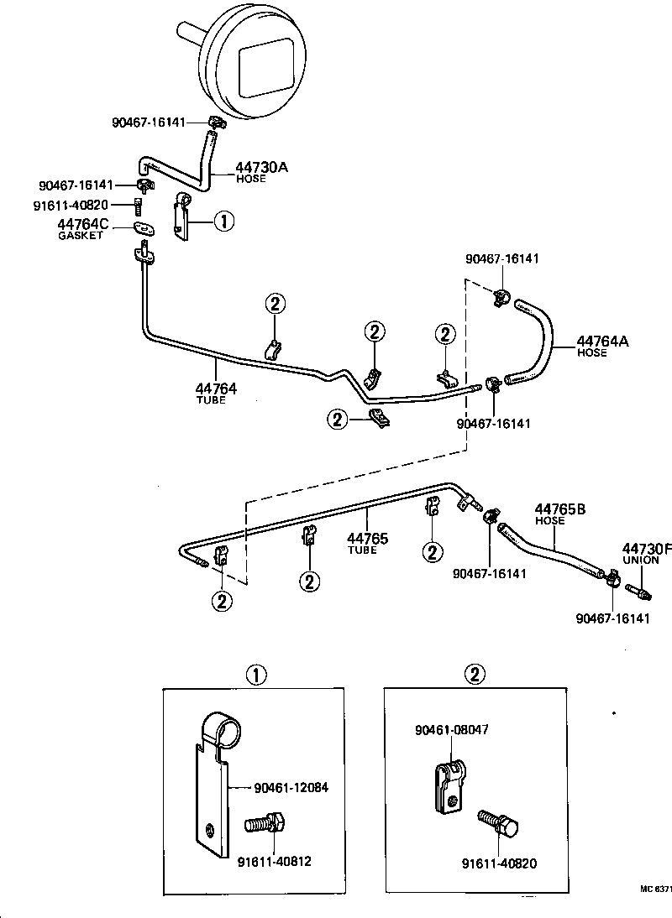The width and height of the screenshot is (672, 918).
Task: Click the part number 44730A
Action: point(262,167)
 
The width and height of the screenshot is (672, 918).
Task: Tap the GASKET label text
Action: point(81,236)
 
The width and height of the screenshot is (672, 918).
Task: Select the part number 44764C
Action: point(83,224)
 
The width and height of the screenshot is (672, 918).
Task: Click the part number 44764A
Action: point(602,341)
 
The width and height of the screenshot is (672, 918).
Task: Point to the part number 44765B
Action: point(560,509)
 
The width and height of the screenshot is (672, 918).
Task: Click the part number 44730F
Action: point(648,548)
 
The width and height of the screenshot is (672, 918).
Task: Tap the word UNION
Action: point(641,560)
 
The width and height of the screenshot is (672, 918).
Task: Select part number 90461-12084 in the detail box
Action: point(290,788)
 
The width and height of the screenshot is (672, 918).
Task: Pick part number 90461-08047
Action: point(451,730)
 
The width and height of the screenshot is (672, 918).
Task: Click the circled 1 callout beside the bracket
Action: point(223,221)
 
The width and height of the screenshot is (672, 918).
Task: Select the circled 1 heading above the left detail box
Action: point(256,674)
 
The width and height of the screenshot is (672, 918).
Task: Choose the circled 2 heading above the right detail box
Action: point(476,674)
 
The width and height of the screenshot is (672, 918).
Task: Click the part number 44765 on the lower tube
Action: point(368,538)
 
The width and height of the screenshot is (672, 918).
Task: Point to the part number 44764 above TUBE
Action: point(216,389)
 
